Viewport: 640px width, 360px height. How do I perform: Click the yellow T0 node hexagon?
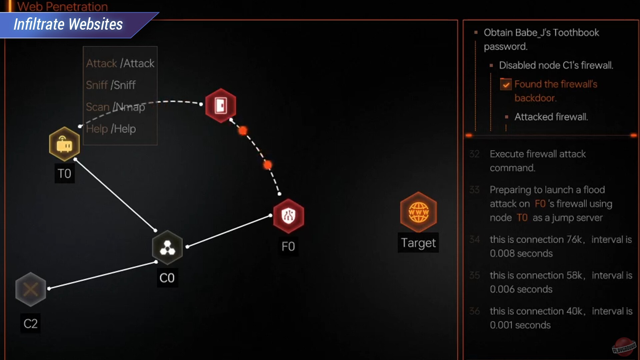(x=64, y=144)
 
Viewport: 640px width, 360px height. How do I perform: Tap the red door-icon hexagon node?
(x=221, y=105)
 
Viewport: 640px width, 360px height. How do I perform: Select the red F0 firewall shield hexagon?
(x=288, y=216)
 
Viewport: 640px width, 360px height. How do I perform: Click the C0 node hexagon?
(x=167, y=247)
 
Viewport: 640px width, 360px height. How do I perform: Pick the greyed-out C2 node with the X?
(x=31, y=289)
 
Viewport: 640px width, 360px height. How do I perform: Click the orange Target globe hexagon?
(x=418, y=212)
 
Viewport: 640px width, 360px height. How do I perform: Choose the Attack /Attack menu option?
(x=120, y=63)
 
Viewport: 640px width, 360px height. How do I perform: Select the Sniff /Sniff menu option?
(x=111, y=85)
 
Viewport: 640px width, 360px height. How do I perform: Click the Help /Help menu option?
(x=111, y=129)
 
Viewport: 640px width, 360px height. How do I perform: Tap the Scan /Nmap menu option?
(x=115, y=107)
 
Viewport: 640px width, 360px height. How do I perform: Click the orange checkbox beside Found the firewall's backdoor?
(x=506, y=84)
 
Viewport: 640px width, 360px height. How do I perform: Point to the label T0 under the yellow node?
(x=64, y=174)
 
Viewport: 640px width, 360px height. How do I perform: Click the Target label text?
(x=418, y=243)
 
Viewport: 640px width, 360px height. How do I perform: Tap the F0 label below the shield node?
(x=288, y=247)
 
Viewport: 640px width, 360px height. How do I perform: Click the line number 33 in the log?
(x=474, y=190)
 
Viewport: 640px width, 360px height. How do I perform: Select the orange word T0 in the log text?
(x=522, y=218)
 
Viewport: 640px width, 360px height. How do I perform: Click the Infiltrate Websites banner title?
(x=68, y=24)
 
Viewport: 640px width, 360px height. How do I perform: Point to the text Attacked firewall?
(x=551, y=117)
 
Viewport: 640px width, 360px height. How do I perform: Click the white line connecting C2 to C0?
(x=103, y=275)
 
